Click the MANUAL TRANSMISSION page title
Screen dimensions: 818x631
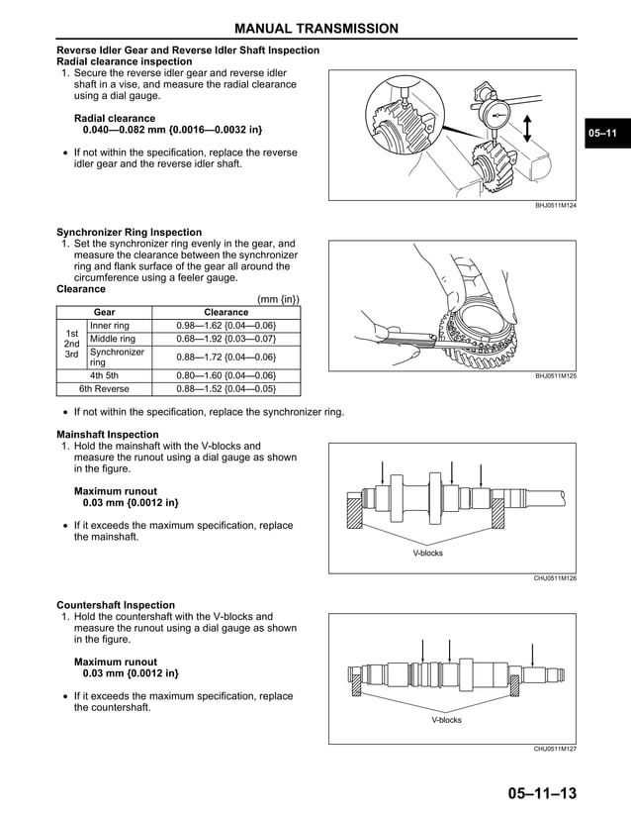[x=315, y=29]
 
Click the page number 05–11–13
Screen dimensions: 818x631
[x=541, y=794]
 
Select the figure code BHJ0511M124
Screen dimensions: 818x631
[x=555, y=205]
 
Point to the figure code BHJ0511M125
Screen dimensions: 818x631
[x=555, y=376]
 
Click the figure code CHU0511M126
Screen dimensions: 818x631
[x=555, y=577]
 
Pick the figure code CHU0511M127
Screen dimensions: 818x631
[x=555, y=749]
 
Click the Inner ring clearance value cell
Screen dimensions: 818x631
[x=225, y=326]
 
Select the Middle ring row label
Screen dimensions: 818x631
[x=113, y=339]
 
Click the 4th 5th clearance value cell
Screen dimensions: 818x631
[x=225, y=375]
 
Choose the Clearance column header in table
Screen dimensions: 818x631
[x=225, y=312]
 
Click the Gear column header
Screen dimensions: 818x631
[x=104, y=312]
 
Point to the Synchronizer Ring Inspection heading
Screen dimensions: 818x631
[x=129, y=233]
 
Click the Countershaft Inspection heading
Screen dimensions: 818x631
[x=116, y=605]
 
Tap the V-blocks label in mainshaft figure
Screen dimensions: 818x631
[x=427, y=553]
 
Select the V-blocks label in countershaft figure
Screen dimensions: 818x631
[x=446, y=720]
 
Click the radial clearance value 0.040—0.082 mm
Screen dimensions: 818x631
[x=173, y=130]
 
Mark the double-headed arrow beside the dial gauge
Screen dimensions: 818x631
[x=530, y=128]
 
